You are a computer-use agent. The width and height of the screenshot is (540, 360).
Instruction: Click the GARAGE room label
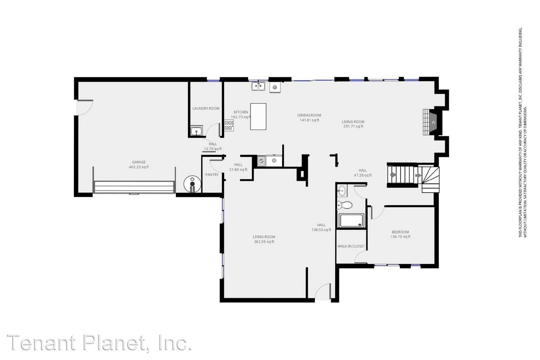(139, 162)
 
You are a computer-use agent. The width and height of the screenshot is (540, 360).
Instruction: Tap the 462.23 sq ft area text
(139, 167)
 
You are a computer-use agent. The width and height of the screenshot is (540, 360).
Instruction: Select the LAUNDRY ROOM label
(206, 108)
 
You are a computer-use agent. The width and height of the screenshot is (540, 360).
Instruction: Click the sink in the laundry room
(196, 131)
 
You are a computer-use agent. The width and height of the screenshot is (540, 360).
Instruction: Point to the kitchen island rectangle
(258, 116)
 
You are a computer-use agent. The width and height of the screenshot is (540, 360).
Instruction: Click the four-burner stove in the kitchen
(229, 126)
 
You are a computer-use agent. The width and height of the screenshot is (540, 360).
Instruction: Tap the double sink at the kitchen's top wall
(258, 86)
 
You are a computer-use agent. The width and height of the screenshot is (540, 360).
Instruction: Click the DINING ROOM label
(309, 115)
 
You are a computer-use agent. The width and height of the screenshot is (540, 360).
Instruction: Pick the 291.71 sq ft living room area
(353, 127)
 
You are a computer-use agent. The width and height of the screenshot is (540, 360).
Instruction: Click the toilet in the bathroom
(345, 205)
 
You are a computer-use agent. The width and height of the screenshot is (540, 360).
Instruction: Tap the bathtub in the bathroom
(352, 221)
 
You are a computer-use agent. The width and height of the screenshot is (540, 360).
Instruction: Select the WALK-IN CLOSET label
(351, 246)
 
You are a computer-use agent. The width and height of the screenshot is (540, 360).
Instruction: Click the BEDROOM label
(400, 232)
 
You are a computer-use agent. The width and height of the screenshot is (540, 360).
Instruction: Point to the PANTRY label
(212, 174)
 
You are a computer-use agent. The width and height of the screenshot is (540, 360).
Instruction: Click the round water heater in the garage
(192, 184)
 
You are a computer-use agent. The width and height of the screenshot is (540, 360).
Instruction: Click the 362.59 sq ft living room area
(264, 242)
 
